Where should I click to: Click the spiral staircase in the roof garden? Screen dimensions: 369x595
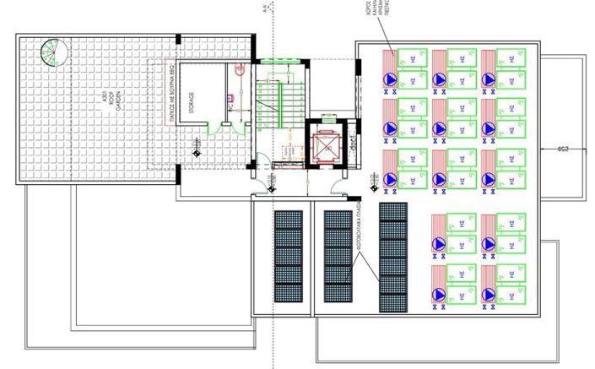pos(55,53)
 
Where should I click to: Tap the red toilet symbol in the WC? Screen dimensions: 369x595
pos(241,77)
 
